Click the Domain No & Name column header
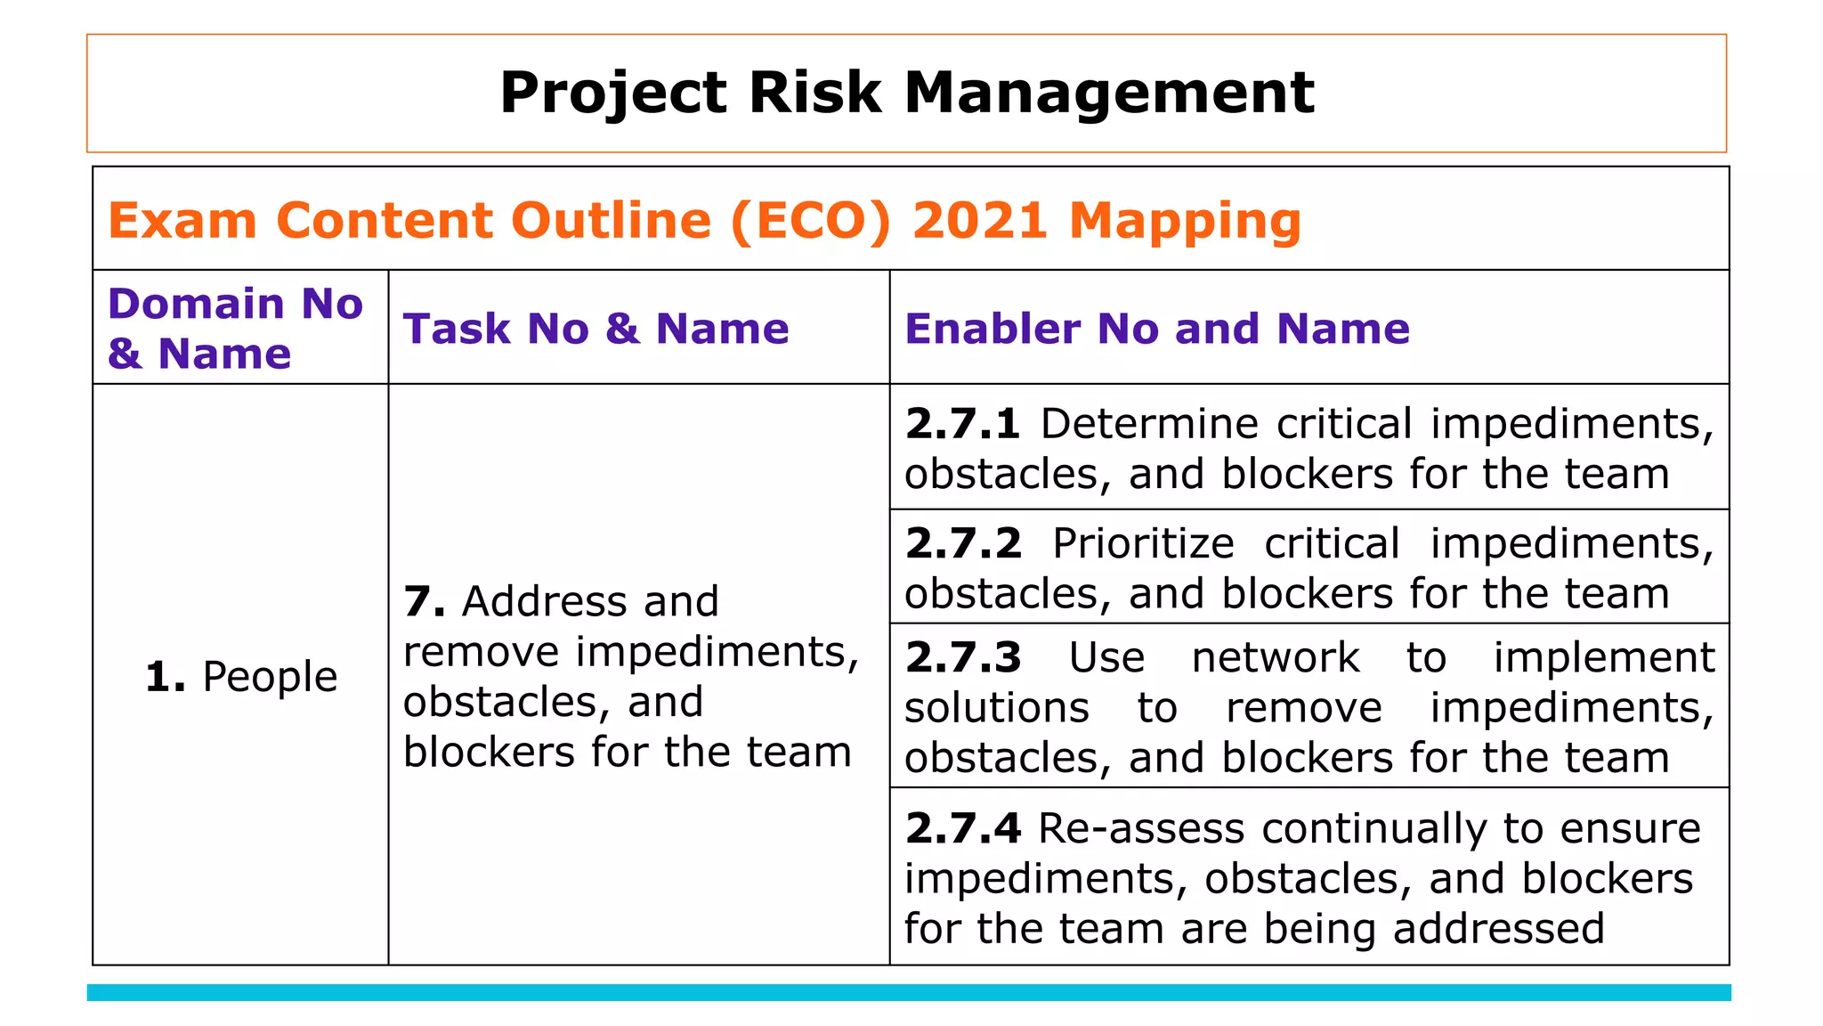click(235, 328)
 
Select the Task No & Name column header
click(596, 329)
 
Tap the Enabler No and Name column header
click(1157, 329)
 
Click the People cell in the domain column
click(241, 677)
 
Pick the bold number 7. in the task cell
click(424, 602)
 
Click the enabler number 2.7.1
click(962, 424)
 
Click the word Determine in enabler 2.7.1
click(1149, 424)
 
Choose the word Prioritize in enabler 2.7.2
click(1143, 543)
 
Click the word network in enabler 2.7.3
click(1275, 658)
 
